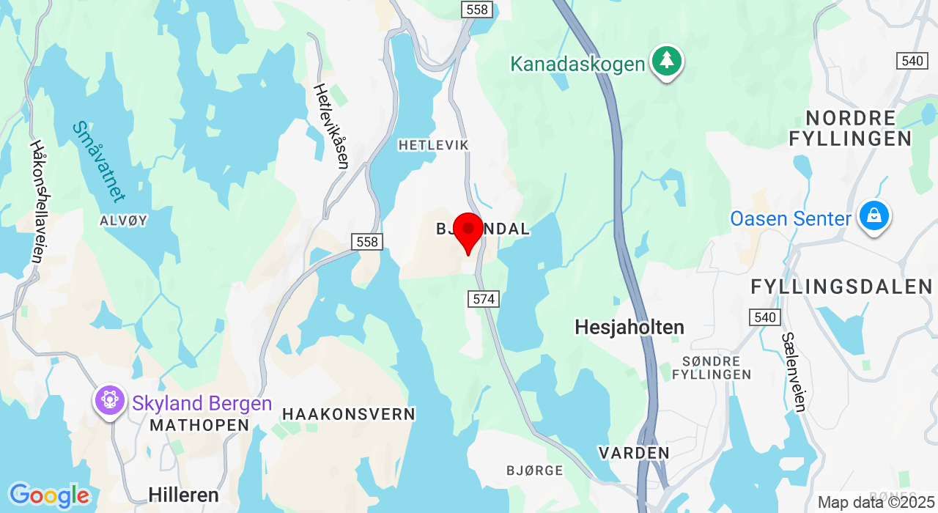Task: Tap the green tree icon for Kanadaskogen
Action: pos(666,61)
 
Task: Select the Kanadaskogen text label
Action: pos(577,64)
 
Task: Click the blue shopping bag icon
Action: pos(874,216)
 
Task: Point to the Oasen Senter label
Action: pos(791,218)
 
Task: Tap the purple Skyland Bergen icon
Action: pos(110,400)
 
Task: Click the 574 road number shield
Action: pos(484,299)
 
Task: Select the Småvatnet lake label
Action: pos(98,161)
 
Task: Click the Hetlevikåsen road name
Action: pos(331,125)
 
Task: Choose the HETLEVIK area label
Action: pos(433,145)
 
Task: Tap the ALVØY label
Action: pos(124,220)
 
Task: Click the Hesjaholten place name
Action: pos(629,327)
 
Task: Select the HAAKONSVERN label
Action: pos(349,414)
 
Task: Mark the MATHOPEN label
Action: pos(199,425)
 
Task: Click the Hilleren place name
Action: pos(183,495)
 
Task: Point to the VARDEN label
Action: pos(634,453)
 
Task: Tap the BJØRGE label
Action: pos(535,470)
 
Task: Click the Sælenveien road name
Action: pos(794,372)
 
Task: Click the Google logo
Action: pos(48,496)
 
